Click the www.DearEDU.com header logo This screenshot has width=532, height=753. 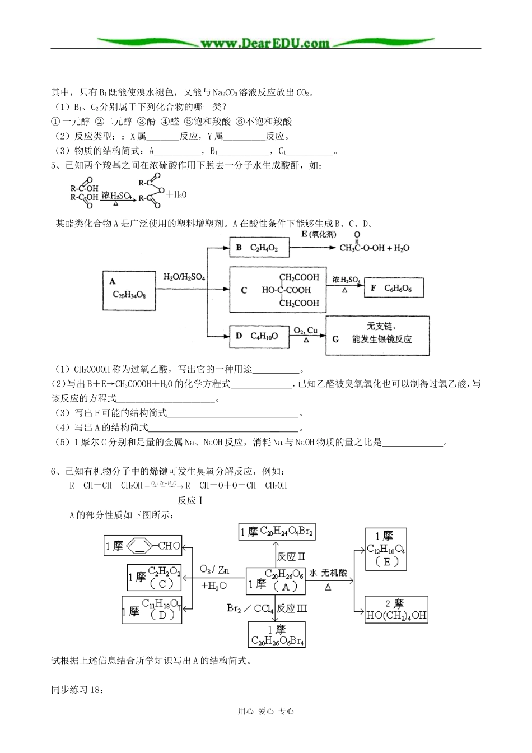click(265, 43)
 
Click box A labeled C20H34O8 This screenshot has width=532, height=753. click(129, 290)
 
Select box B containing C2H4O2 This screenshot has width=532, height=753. click(259, 247)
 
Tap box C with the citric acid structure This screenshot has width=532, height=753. click(278, 290)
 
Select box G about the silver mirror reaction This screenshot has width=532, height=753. click(377, 335)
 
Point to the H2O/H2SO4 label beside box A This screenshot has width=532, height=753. click(184, 277)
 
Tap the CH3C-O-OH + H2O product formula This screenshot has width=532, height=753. click(374, 248)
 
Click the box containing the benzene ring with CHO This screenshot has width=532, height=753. click(143, 545)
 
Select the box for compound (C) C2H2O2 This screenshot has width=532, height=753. click(155, 577)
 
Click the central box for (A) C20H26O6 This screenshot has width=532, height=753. click(276, 580)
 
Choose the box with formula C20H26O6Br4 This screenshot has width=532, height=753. click(277, 635)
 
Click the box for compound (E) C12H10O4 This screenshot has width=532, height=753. click(386, 549)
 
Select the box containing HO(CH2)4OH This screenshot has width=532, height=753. click(396, 610)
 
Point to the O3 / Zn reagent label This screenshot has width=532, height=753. click(214, 570)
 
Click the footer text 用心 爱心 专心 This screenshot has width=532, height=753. click(265, 711)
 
